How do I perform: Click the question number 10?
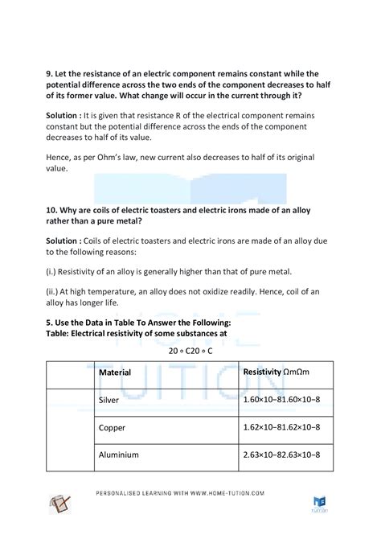pyautogui.click(x=51, y=210)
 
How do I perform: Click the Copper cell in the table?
pyautogui.click(x=113, y=427)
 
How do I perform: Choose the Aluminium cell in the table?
pyautogui.click(x=119, y=455)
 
